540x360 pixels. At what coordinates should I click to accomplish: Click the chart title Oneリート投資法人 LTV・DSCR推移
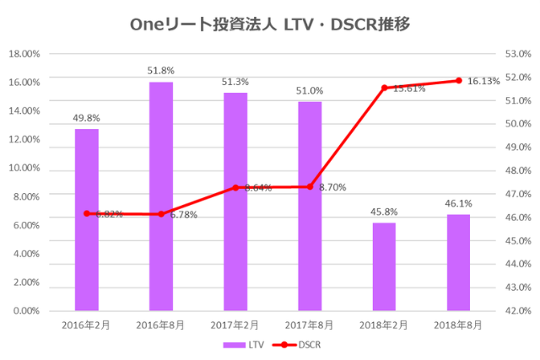pos(270,24)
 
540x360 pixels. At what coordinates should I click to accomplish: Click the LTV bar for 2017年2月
pos(235,201)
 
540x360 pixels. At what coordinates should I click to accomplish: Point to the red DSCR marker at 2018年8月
pos(459,81)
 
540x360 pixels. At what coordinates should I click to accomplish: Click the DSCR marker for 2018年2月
pos(384,88)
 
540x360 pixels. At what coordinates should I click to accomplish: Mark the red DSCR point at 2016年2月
pos(86,213)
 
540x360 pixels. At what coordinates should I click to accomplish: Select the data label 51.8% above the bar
pos(161,71)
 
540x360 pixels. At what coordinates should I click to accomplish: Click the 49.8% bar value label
pos(86,118)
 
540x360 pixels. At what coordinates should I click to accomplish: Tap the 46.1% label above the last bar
pos(459,203)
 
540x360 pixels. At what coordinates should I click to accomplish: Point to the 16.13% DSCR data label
pos(483,81)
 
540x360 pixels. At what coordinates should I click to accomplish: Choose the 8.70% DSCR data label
pos(332,186)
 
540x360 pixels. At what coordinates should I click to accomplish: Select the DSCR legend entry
pos(299,345)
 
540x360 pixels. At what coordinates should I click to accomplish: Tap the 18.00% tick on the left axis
pos(24,54)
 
